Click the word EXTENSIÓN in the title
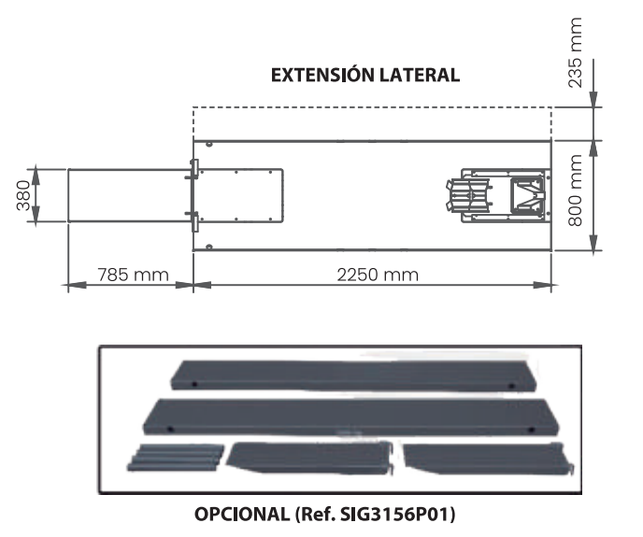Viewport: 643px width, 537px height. pyautogui.click(x=322, y=75)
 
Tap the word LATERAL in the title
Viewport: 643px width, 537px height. pyautogui.click(x=419, y=76)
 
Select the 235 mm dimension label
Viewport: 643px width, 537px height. pyautogui.click(x=575, y=52)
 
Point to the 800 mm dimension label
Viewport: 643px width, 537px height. pyautogui.click(x=575, y=191)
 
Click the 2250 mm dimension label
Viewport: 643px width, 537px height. pyautogui.click(x=378, y=275)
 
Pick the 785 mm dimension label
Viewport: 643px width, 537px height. pyautogui.click(x=134, y=275)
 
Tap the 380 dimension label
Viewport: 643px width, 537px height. pyautogui.click(x=23, y=195)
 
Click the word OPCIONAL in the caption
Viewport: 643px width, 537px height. pyautogui.click(x=241, y=514)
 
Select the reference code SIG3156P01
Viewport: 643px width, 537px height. pyautogui.click(x=396, y=514)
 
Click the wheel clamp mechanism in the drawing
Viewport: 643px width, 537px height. pyautogui.click(x=498, y=195)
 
